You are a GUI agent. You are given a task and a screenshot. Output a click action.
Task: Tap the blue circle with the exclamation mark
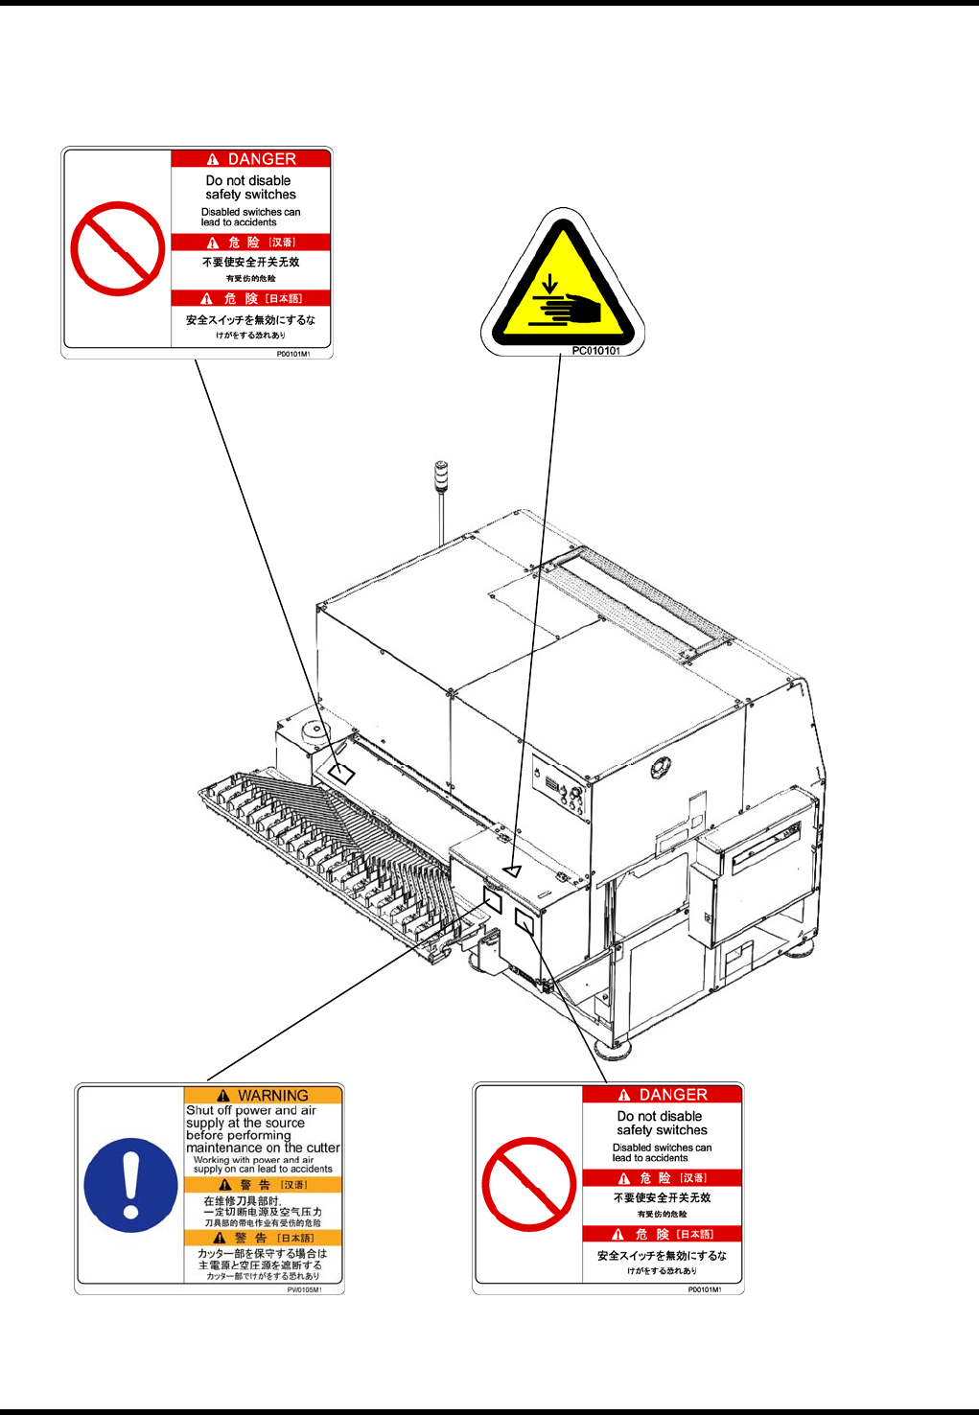tap(130, 1185)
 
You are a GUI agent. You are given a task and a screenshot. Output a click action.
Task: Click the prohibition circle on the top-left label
tap(117, 248)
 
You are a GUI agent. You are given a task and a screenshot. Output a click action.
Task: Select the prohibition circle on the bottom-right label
tap(528, 1184)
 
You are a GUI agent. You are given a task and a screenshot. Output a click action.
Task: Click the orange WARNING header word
tap(273, 1096)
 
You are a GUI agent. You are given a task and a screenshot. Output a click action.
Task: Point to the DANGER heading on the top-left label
tap(262, 159)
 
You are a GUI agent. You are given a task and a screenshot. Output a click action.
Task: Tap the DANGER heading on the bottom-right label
tap(673, 1095)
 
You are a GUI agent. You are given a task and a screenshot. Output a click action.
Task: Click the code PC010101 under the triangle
tap(595, 351)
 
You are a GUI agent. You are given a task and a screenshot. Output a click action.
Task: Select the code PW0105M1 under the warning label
tap(304, 1289)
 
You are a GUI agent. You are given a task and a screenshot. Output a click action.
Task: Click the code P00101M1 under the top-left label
tap(292, 354)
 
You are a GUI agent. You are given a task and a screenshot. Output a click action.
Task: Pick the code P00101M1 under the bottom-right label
tap(704, 1289)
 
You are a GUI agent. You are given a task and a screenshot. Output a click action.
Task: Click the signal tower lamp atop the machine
tap(441, 475)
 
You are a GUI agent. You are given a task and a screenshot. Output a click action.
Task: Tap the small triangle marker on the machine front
tap(513, 870)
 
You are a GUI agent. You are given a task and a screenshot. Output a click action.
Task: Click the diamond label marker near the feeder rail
tap(341, 773)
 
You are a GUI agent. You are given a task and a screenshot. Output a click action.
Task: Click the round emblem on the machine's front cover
tap(660, 768)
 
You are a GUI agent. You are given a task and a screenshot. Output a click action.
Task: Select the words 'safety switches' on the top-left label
tap(250, 195)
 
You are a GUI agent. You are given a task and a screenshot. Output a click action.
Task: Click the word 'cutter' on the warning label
tap(323, 1148)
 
